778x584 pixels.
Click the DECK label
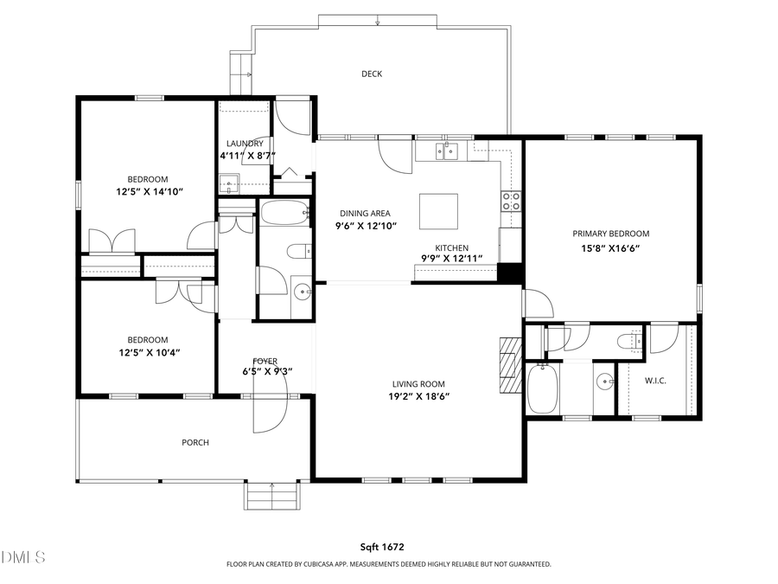click(372, 74)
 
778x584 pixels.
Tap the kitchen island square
click(438, 209)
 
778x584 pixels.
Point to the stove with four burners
click(512, 202)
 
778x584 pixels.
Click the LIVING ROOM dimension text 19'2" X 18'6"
click(418, 397)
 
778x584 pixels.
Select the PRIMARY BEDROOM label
click(610, 234)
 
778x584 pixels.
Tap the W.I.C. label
click(655, 381)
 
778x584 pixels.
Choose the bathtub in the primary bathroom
click(544, 389)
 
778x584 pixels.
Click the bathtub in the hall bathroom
click(284, 213)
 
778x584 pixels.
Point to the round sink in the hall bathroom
click(302, 292)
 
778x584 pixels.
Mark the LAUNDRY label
click(245, 144)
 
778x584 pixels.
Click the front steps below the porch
click(273, 497)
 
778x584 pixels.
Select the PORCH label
click(195, 443)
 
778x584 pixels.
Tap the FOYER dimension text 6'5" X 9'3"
click(267, 372)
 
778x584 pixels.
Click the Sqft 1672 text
click(382, 547)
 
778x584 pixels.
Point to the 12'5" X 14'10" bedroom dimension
click(149, 191)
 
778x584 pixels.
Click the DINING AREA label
click(365, 213)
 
